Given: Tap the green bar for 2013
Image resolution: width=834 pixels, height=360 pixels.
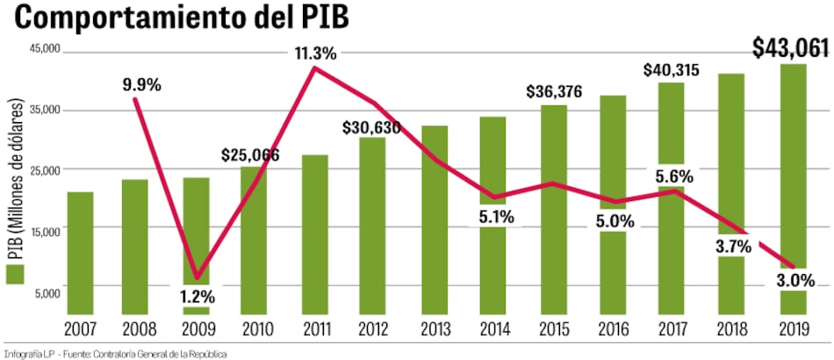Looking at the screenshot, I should pos(435,220).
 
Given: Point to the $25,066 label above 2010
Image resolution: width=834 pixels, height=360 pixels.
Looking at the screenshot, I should pos(255,155).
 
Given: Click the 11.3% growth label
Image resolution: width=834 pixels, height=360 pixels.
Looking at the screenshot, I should pos(314,54).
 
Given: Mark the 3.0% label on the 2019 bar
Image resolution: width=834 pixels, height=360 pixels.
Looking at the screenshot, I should pos(794,280).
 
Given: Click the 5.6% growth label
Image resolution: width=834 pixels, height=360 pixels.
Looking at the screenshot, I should pos(673,176).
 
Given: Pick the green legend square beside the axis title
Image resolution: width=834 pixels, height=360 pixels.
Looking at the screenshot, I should pos(13,275).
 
